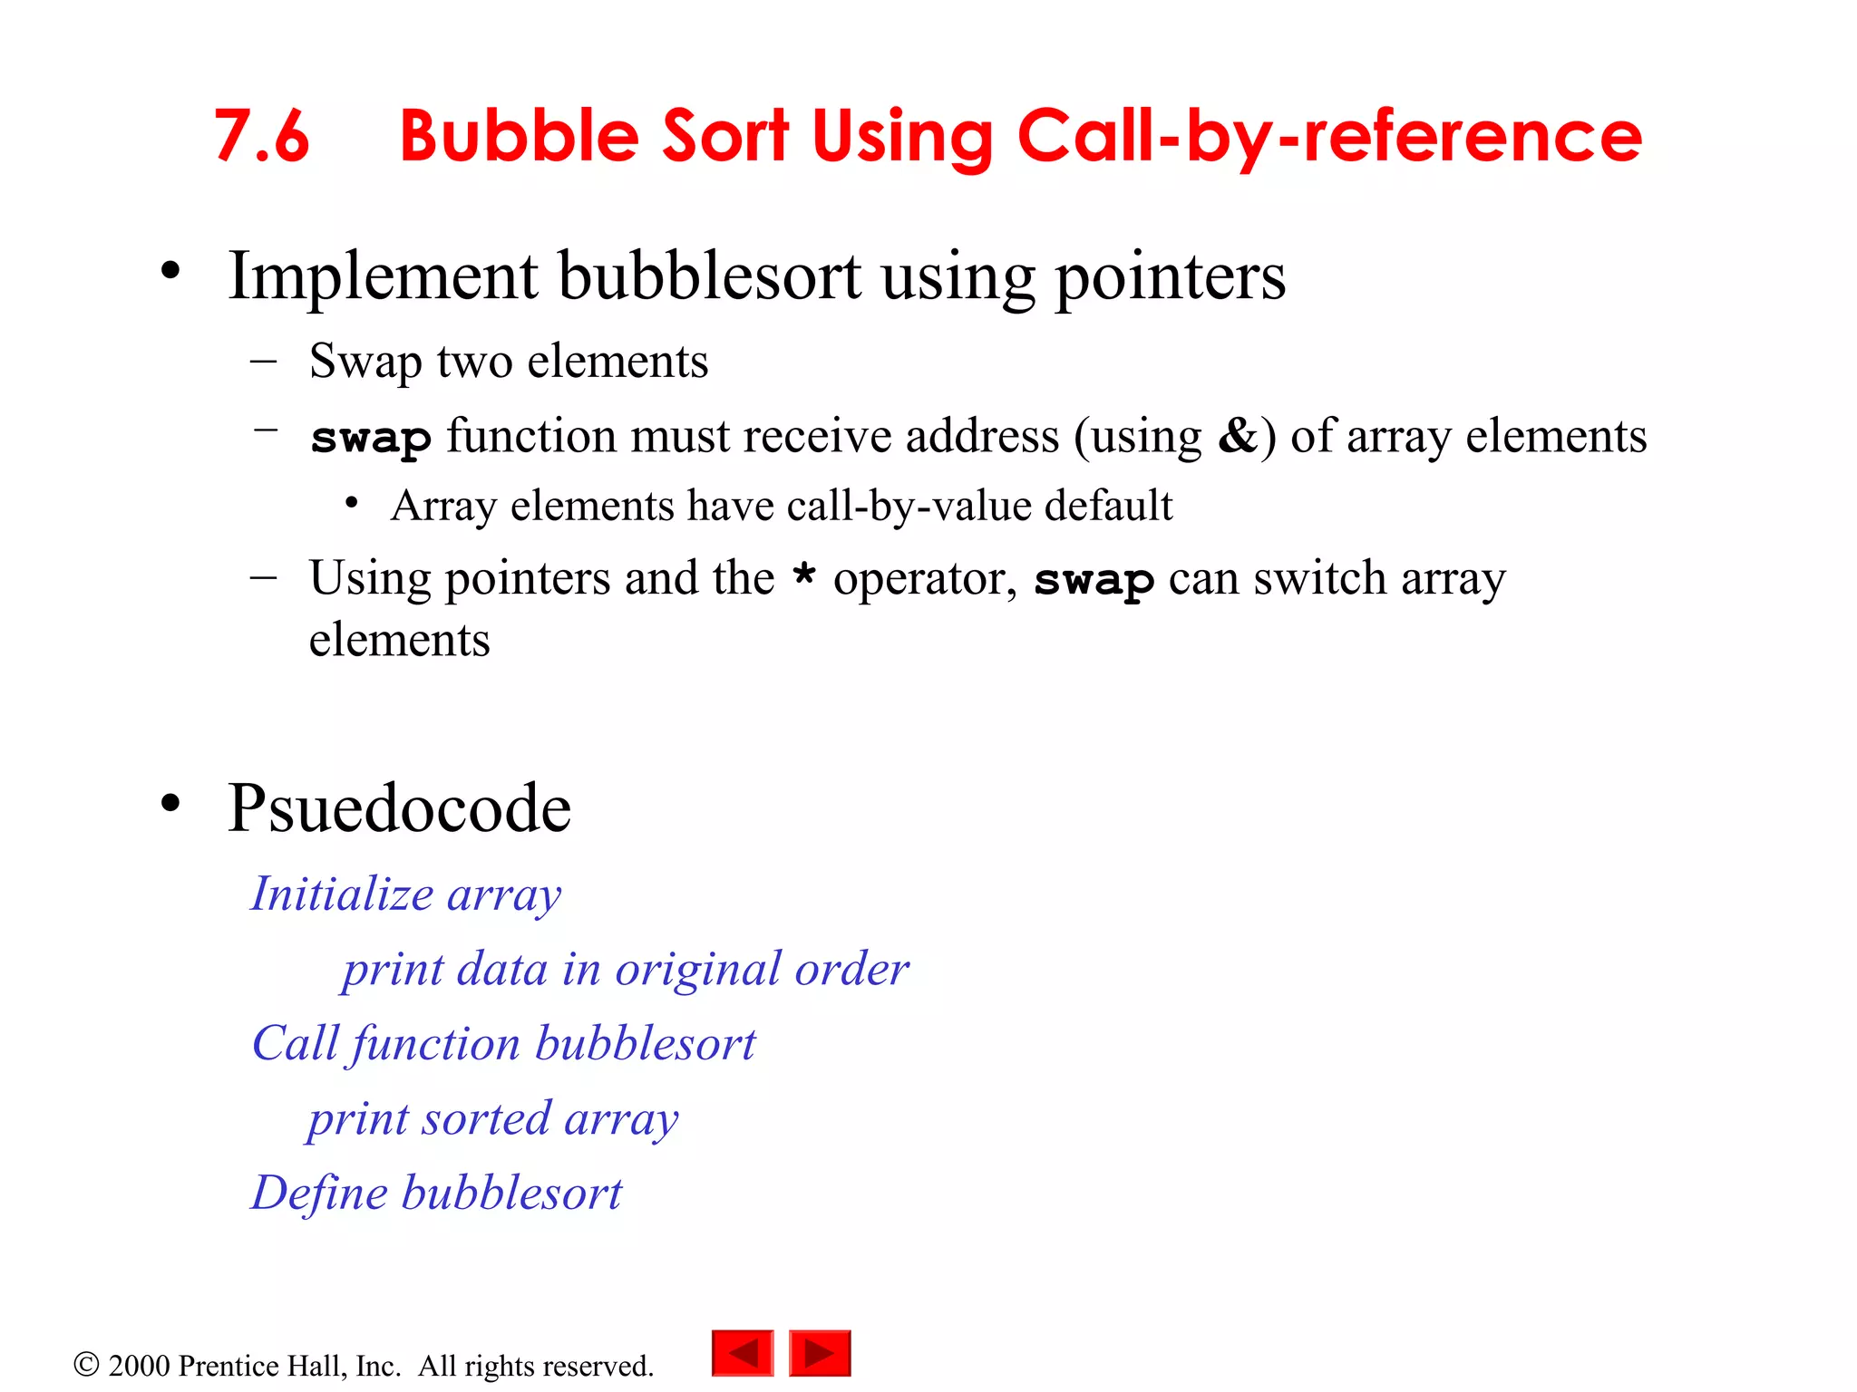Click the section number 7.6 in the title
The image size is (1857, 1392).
261,137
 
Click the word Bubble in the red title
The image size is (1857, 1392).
520,137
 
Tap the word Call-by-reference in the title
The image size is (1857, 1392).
1329,137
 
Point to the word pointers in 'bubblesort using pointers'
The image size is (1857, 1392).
1170,277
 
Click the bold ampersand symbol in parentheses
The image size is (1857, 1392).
1238,435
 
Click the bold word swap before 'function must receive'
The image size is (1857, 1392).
370,439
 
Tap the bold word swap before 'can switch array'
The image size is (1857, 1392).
1094,580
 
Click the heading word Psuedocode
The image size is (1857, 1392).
399,807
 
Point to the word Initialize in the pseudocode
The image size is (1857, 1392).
342,894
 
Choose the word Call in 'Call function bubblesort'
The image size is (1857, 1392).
295,1043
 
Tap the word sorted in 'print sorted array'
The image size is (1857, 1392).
486,1118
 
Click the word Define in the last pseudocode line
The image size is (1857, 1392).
319,1193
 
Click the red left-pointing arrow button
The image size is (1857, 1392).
743,1353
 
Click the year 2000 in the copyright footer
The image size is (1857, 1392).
139,1366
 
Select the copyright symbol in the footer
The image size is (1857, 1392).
86,1365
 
